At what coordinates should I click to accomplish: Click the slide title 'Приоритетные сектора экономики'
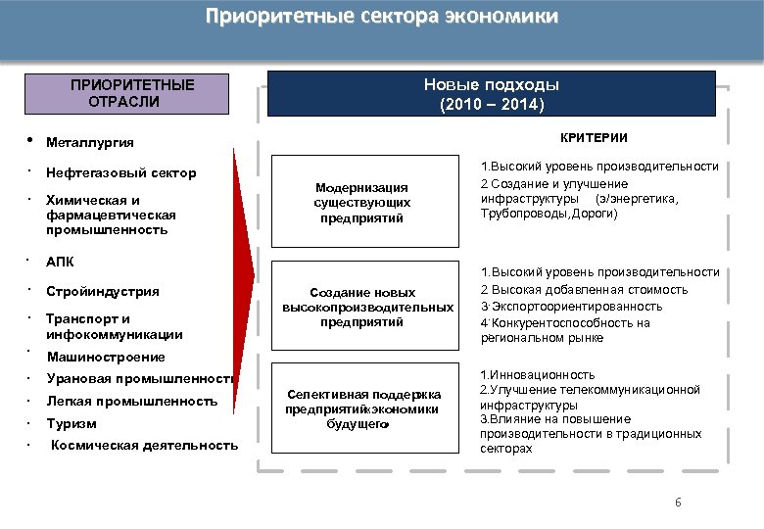[382, 17]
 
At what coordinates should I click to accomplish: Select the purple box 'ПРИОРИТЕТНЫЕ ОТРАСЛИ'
[132, 93]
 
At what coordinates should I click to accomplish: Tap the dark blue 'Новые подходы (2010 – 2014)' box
[492, 94]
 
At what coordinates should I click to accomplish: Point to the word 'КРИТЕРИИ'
[594, 138]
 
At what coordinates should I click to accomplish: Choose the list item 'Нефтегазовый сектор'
[121, 173]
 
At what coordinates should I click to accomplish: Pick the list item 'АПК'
[60, 263]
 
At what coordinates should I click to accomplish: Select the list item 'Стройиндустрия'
[103, 291]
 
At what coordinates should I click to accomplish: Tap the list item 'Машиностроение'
[106, 357]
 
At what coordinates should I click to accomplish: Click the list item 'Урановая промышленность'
[138, 379]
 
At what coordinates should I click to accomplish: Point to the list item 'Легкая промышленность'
[131, 402]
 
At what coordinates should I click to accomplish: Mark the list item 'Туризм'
[72, 424]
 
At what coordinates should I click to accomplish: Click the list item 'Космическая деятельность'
[144, 445]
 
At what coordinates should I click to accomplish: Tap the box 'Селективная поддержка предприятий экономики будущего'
[362, 409]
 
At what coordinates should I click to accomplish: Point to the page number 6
[677, 503]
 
